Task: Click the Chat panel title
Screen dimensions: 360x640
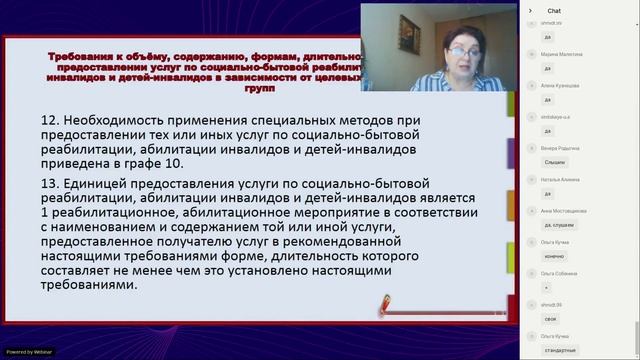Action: pos(553,10)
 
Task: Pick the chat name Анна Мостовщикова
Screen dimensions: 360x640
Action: pos(563,211)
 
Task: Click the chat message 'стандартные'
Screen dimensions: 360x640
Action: pos(561,351)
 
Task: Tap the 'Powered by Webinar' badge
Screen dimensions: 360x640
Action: pos(30,352)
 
